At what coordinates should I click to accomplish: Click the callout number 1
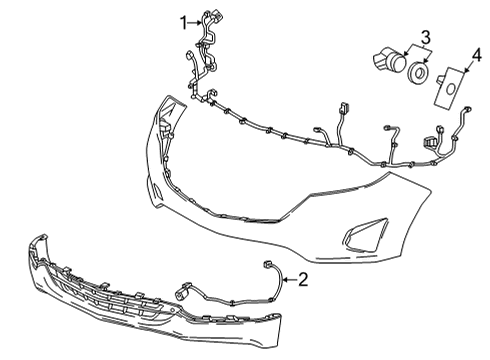point(184,20)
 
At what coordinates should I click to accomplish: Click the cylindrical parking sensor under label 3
point(383,61)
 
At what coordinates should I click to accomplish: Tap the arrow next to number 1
point(196,21)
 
